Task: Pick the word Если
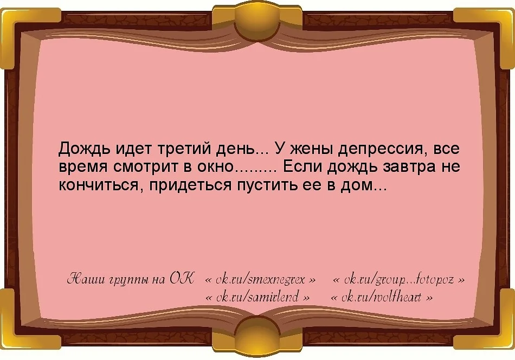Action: coord(299,166)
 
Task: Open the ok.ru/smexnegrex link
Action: coord(260,280)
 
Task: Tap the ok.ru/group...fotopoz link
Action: coord(398,280)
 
